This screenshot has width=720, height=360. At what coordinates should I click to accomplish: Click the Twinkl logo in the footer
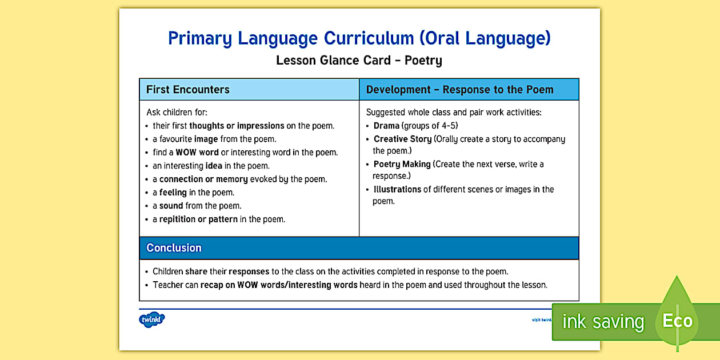pos(151,319)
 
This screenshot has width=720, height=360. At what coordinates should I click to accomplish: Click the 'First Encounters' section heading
pos(187,90)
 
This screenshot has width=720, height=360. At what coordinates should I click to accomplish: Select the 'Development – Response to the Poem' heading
pos(459,90)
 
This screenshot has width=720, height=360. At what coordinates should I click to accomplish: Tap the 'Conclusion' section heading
pos(174,248)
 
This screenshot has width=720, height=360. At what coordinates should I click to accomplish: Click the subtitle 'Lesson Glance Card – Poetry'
pos(359,60)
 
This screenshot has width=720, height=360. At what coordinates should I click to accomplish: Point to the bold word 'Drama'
pos(386,126)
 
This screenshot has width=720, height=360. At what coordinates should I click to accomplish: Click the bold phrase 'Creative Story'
pos(402,139)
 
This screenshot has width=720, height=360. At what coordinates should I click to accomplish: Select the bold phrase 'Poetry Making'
pos(402,165)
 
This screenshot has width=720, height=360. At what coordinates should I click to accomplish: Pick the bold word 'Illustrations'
pos(397,190)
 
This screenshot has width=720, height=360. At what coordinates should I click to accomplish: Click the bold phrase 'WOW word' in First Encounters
pos(197,153)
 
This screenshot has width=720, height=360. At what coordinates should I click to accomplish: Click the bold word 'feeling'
pos(173,193)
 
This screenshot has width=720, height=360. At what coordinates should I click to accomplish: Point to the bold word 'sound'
pos(171,206)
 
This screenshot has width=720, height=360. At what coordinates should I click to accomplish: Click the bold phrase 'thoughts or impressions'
pos(237,126)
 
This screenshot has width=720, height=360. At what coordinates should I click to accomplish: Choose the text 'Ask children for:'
pos(177,113)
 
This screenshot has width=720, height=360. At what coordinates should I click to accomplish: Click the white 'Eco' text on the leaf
pos(677,321)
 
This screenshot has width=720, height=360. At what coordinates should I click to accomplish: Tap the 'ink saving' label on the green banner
pos(602,322)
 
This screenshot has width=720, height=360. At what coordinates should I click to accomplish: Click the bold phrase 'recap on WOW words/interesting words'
pos(279,285)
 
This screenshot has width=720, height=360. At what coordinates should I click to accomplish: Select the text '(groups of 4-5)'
pos(430,126)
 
